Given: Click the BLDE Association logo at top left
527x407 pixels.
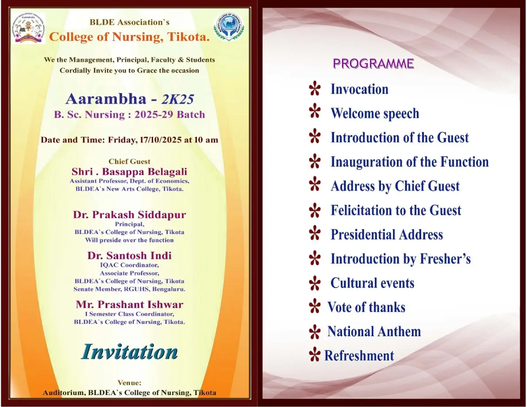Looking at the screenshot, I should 28,28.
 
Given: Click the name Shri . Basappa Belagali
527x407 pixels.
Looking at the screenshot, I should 129,172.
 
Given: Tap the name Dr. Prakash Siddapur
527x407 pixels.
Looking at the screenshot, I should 129,215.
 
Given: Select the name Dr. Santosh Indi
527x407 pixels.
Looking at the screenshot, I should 129,256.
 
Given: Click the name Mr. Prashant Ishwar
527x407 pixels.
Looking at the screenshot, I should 129,304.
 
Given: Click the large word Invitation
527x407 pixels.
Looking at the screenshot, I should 129,352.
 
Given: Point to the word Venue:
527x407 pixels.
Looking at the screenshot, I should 129,383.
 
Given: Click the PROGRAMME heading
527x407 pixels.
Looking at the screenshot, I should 373,64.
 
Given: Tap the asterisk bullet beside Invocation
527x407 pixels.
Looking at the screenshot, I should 315,90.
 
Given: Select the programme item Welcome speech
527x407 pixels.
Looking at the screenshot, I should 374,114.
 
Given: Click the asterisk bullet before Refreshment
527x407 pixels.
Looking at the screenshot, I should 314,355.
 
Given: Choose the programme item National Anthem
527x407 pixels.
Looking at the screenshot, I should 374,332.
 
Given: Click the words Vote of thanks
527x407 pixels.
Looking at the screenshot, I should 366,307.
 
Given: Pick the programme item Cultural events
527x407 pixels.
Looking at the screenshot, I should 372,283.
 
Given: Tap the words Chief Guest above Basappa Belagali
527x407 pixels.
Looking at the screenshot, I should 129,161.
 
